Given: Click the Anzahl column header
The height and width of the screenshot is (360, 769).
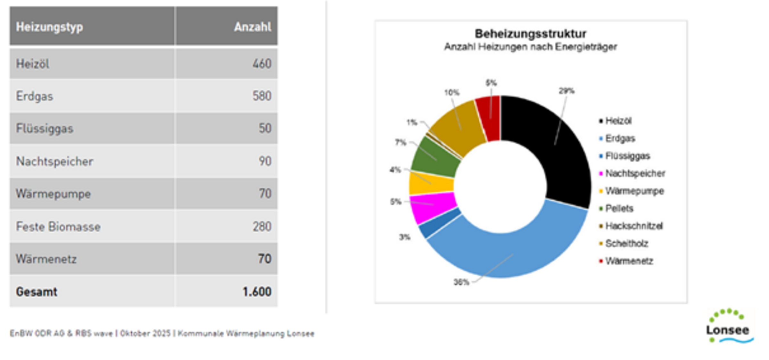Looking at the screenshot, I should pos(252,27).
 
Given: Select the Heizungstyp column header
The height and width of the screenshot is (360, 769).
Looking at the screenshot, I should pos(50,27).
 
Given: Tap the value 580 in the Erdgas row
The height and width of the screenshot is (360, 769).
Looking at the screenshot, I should pos(261,96).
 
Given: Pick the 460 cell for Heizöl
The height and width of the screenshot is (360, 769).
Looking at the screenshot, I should pos(261,64).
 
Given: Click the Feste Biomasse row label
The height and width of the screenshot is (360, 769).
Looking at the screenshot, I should pos(58,227).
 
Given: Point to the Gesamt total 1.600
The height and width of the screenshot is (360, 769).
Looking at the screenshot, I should pos(257,292).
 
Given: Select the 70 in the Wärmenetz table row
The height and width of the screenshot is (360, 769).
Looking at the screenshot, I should pos(264,259).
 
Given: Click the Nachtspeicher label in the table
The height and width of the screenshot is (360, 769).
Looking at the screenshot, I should pos(55,161).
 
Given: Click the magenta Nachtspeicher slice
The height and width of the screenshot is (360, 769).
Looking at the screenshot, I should pos(433,207).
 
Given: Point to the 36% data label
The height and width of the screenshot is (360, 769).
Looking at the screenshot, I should pos(461,282).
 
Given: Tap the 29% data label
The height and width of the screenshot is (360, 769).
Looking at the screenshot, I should pos(566,91).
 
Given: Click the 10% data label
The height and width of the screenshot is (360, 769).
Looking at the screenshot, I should pos(451,93).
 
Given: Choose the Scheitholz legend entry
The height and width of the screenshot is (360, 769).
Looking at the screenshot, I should pos(626,244).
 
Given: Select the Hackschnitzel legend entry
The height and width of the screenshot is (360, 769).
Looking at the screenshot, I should pos(633,226).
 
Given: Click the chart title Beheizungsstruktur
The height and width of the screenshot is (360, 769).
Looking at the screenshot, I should pos(530,34).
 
